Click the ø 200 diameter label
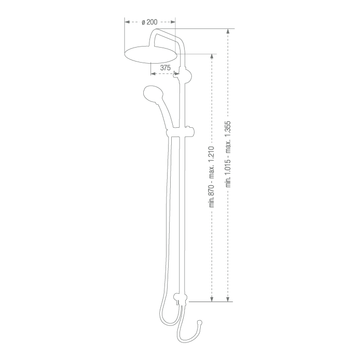pyautogui.click(x=149, y=22)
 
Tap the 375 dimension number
pyautogui.click(x=165, y=68)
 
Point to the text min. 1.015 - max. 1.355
pyautogui.click(x=228, y=154)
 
